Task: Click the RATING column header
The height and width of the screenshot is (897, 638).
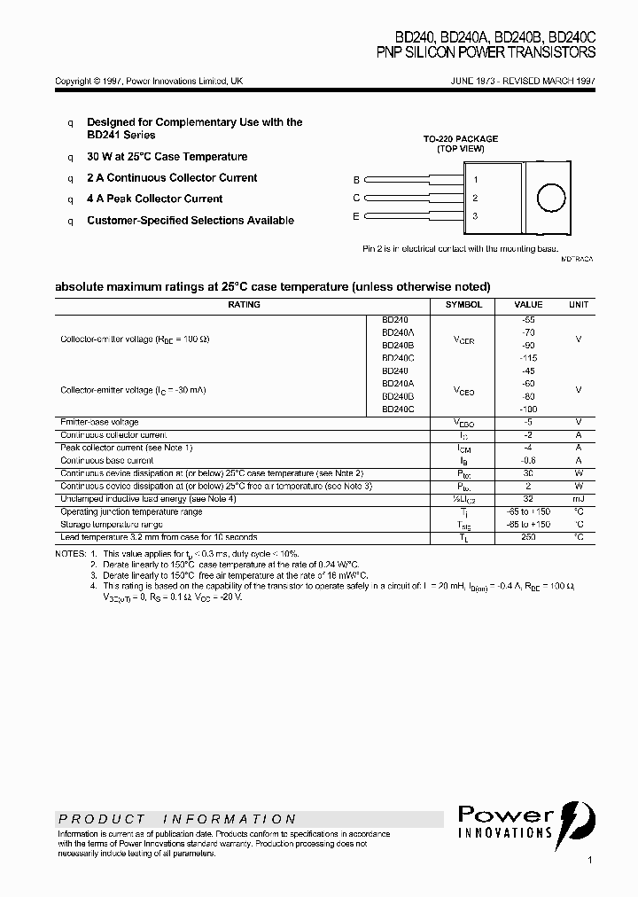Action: [244, 305]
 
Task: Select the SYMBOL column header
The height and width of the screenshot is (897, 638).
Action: [463, 305]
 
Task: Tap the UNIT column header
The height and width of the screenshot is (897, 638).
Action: [578, 305]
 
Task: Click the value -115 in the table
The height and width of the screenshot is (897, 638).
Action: [529, 358]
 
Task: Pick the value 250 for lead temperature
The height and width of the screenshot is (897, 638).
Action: [529, 538]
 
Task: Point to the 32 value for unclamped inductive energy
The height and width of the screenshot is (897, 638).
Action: [529, 499]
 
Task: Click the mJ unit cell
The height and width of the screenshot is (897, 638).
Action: [578, 499]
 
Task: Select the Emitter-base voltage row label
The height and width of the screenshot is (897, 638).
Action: [99, 422]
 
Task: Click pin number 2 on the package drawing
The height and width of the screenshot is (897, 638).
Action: [475, 199]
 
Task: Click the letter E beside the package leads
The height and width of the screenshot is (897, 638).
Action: [356, 216]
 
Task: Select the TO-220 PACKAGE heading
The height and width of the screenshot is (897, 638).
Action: [460, 139]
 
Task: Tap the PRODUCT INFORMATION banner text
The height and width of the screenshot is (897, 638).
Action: [177, 819]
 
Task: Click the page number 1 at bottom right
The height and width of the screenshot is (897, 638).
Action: [589, 860]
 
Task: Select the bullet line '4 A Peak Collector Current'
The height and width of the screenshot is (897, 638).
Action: [154, 199]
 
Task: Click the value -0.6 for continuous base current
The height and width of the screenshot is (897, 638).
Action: [529, 461]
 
